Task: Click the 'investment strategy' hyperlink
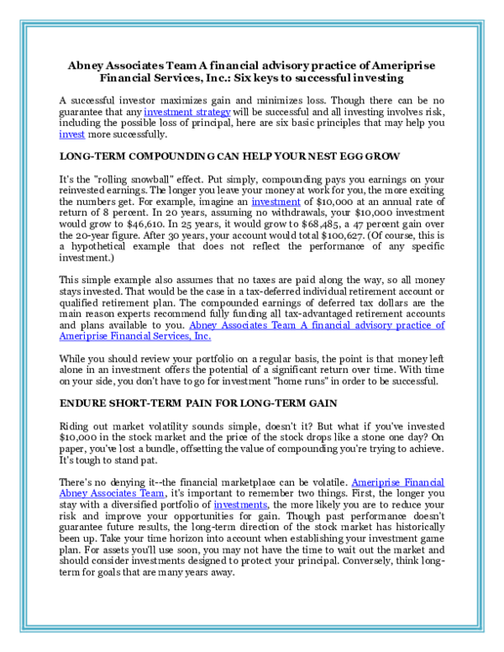[187, 112]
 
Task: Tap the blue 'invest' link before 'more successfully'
[72, 134]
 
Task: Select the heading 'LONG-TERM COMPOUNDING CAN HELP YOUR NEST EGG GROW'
[229, 156]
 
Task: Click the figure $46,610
[146, 224]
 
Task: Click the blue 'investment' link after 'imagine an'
[276, 202]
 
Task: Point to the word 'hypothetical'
[98, 246]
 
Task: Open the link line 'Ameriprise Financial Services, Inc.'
[135, 336]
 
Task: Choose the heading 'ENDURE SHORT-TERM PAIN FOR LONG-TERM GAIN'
[198, 403]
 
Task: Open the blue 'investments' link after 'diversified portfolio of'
[240, 505]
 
